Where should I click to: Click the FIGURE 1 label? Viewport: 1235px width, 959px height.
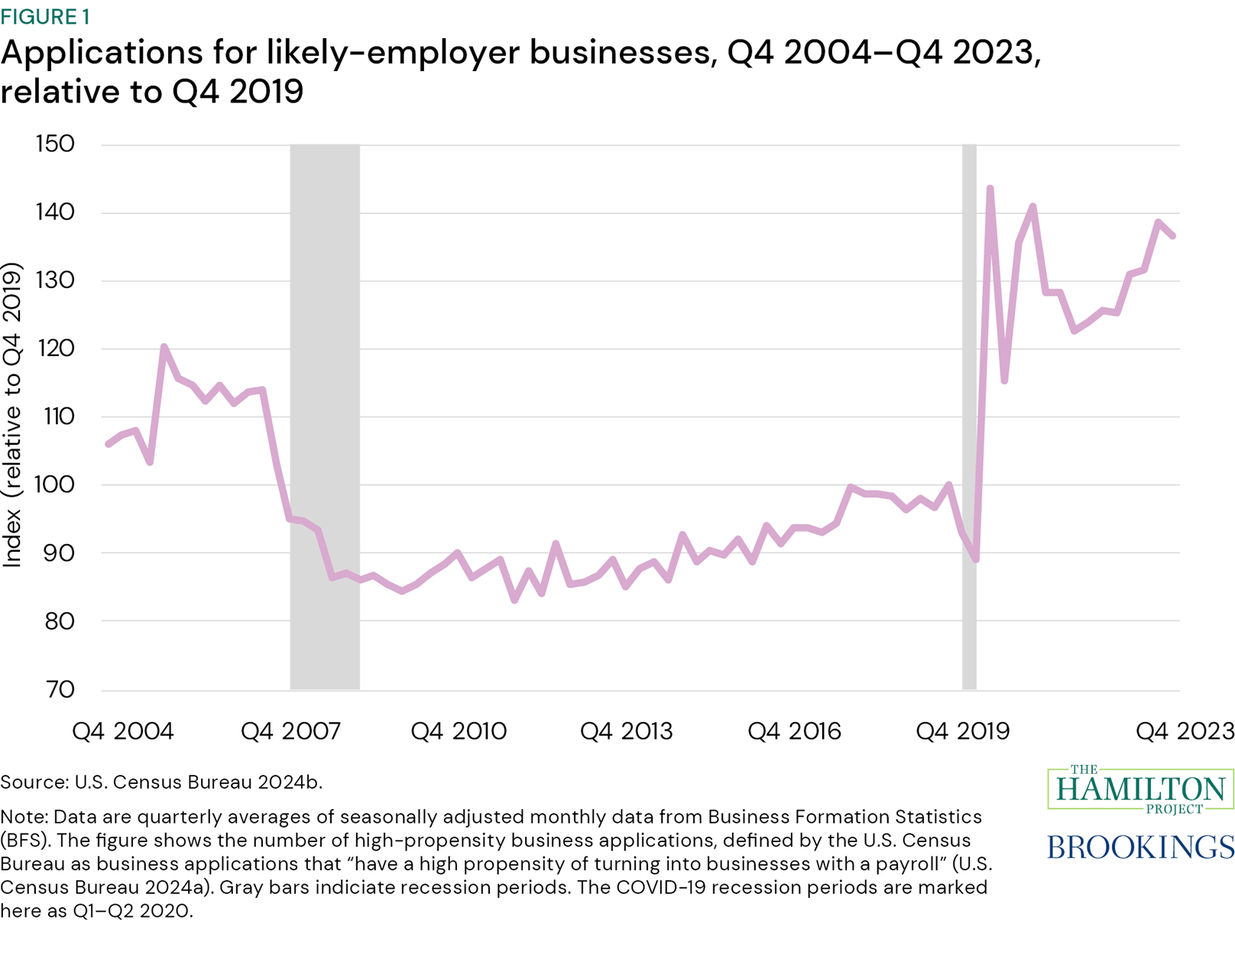(x=45, y=16)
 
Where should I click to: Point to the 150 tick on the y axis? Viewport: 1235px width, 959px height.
(x=55, y=144)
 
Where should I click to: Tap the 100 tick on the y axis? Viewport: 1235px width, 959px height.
(x=55, y=484)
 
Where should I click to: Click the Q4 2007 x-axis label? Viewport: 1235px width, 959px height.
(x=290, y=731)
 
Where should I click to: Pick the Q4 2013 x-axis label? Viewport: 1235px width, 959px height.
(x=626, y=731)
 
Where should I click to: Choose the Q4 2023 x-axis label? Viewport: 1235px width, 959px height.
(x=1184, y=731)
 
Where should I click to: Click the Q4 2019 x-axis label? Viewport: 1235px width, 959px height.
(x=962, y=731)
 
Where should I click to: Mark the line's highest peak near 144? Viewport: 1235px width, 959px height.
(x=990, y=188)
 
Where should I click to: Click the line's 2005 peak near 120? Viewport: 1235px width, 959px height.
(x=164, y=347)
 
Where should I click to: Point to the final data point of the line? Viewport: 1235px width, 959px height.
(x=1172, y=236)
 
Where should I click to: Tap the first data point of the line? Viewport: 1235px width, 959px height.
(x=109, y=444)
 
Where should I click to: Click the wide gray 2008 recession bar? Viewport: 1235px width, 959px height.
(x=325, y=416)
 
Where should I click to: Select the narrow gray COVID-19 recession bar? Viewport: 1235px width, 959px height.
(x=969, y=416)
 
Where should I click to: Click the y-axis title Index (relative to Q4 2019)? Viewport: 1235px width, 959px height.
(x=12, y=416)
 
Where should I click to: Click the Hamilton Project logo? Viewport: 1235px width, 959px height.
(x=1139, y=789)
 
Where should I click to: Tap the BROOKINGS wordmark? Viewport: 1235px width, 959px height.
(x=1139, y=847)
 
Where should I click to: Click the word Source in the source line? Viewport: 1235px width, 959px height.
(x=34, y=782)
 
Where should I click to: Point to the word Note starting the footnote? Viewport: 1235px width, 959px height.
(x=23, y=817)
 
